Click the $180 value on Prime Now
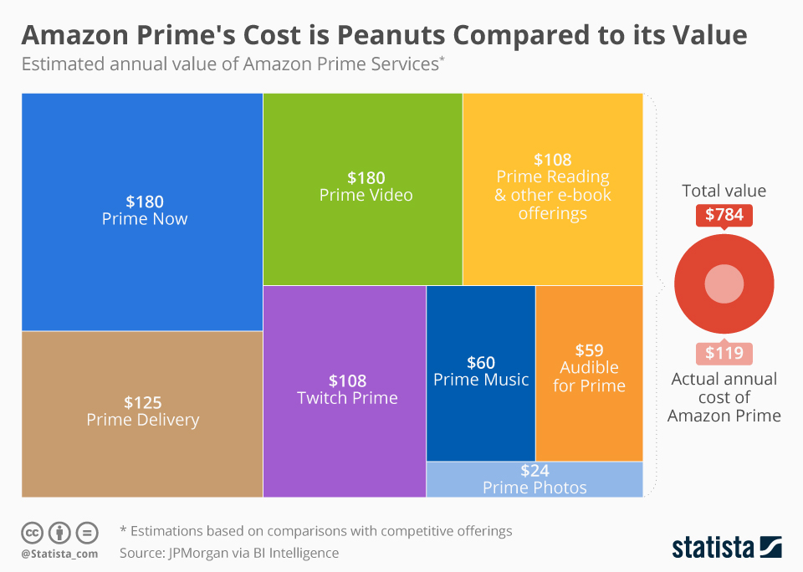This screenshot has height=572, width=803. point(145,202)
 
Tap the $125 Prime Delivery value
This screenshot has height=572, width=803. point(142,402)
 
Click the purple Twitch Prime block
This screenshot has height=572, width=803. point(345,435)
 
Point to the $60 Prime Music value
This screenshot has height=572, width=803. point(481,363)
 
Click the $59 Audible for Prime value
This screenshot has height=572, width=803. point(589,350)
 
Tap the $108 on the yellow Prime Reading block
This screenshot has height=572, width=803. point(552,160)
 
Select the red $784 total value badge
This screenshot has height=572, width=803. point(724,215)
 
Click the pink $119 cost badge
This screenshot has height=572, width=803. point(724,353)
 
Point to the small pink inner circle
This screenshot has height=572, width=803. point(724,284)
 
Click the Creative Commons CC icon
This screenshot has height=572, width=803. point(32,533)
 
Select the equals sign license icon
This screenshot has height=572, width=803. point(87,533)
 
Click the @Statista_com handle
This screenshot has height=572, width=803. point(59,554)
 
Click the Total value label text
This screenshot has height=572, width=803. point(724,191)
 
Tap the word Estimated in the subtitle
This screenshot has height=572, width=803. point(60,64)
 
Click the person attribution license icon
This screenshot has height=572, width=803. point(59,533)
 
